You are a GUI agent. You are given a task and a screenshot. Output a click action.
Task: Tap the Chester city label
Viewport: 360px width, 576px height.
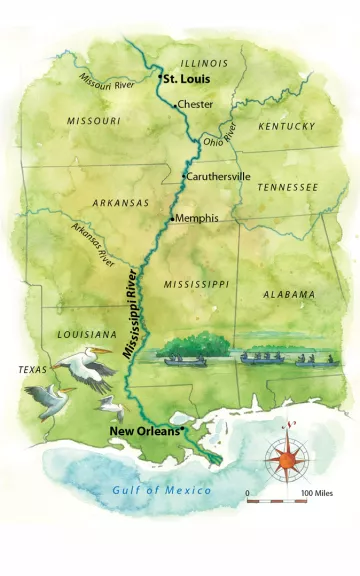[196, 104]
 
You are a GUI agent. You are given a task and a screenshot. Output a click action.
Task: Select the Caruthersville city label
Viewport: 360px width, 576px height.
[220, 175]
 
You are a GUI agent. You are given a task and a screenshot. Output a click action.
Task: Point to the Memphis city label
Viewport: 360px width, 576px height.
[196, 218]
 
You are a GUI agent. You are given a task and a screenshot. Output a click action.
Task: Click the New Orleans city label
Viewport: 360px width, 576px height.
[144, 431]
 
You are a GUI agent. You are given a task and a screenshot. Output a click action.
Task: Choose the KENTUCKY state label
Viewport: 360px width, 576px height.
[286, 126]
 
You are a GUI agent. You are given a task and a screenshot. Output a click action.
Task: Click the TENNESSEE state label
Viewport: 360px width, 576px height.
[287, 187]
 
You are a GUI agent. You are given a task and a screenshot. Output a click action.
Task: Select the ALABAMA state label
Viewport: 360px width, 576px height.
[289, 294]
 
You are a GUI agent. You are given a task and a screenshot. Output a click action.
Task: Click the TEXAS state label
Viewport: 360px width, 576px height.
[33, 369]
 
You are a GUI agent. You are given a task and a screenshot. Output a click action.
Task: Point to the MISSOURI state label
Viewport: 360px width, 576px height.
[93, 120]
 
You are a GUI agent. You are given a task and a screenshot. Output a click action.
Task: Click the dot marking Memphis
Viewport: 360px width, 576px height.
[172, 218]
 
